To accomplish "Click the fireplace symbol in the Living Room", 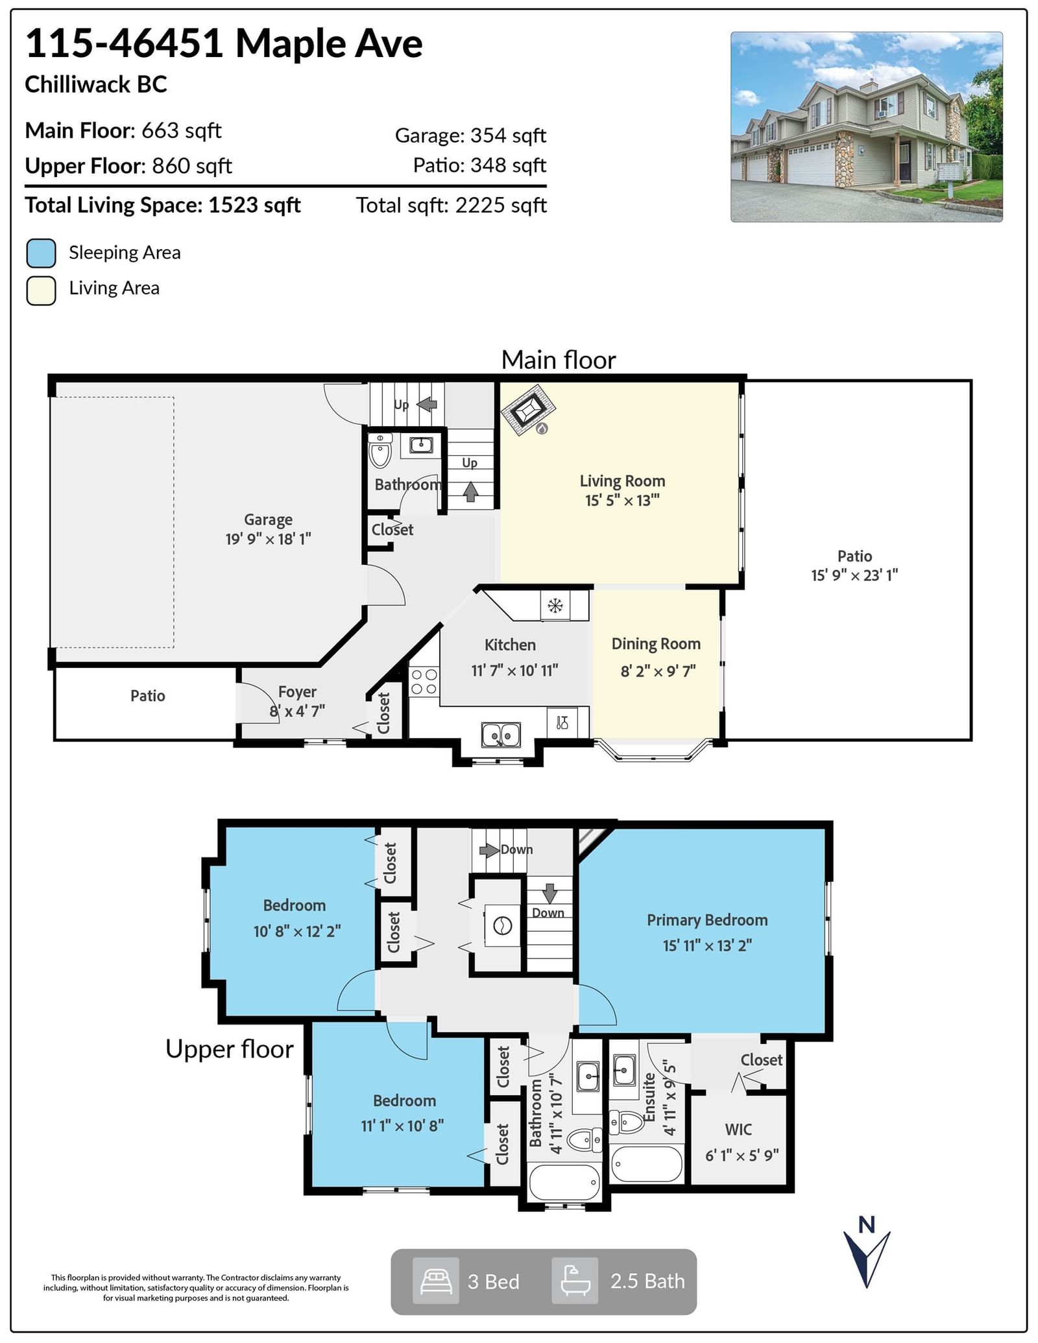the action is pos(528,410).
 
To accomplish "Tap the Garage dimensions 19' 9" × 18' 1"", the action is pos(268,539).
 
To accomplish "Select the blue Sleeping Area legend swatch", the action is pos(41,253).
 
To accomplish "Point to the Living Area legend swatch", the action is pos(41,291).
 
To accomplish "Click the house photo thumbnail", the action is pos(866,127).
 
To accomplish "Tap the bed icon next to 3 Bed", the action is pos(436,1281).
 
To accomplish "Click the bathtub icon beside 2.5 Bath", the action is pos(575,1281).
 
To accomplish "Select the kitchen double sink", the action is pos(500,735).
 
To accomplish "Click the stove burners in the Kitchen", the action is pos(424,682).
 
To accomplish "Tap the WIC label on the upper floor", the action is pos(738,1129).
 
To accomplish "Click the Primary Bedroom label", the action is pos(707,920).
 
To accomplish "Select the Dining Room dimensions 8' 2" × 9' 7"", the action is pos(658,671).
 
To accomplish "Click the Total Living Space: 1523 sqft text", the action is pos(163,206).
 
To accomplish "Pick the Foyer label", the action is pos(297,692).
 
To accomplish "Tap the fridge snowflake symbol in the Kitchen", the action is pos(555,606).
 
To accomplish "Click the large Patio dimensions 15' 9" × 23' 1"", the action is pos(854,575).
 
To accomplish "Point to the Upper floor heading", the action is pos(230,1049).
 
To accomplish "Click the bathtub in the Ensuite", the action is pos(646,1165).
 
